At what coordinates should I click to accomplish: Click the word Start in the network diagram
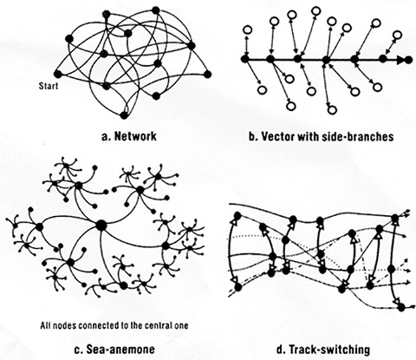tap(49, 86)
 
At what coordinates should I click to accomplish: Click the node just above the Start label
tap(58, 74)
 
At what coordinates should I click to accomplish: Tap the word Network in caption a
tap(135, 136)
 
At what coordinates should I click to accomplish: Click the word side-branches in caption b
tap(357, 136)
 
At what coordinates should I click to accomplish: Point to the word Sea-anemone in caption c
tap(120, 350)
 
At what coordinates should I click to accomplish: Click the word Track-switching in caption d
tap(329, 350)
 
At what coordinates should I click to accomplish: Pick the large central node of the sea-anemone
tap(101, 226)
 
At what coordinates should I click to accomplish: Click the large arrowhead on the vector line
tap(400, 60)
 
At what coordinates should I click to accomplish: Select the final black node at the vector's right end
tap(408, 60)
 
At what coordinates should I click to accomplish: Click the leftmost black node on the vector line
tap(245, 59)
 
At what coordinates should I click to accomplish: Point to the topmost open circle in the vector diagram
tap(316, 11)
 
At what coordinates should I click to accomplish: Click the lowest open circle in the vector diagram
tap(332, 110)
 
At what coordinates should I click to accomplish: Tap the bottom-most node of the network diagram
tap(124, 115)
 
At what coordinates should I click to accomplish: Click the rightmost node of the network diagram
tap(207, 74)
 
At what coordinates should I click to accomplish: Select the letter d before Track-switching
tap(280, 350)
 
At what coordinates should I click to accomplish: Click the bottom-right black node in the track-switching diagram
tap(401, 307)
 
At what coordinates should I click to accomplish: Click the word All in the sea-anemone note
tap(45, 325)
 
